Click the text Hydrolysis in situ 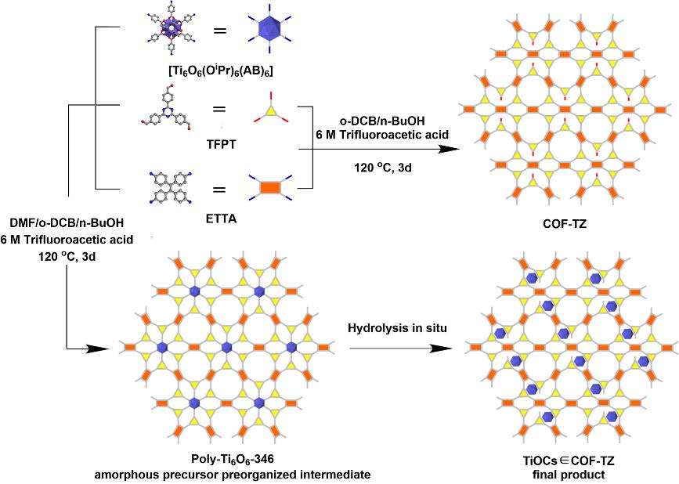coord(397,327)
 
